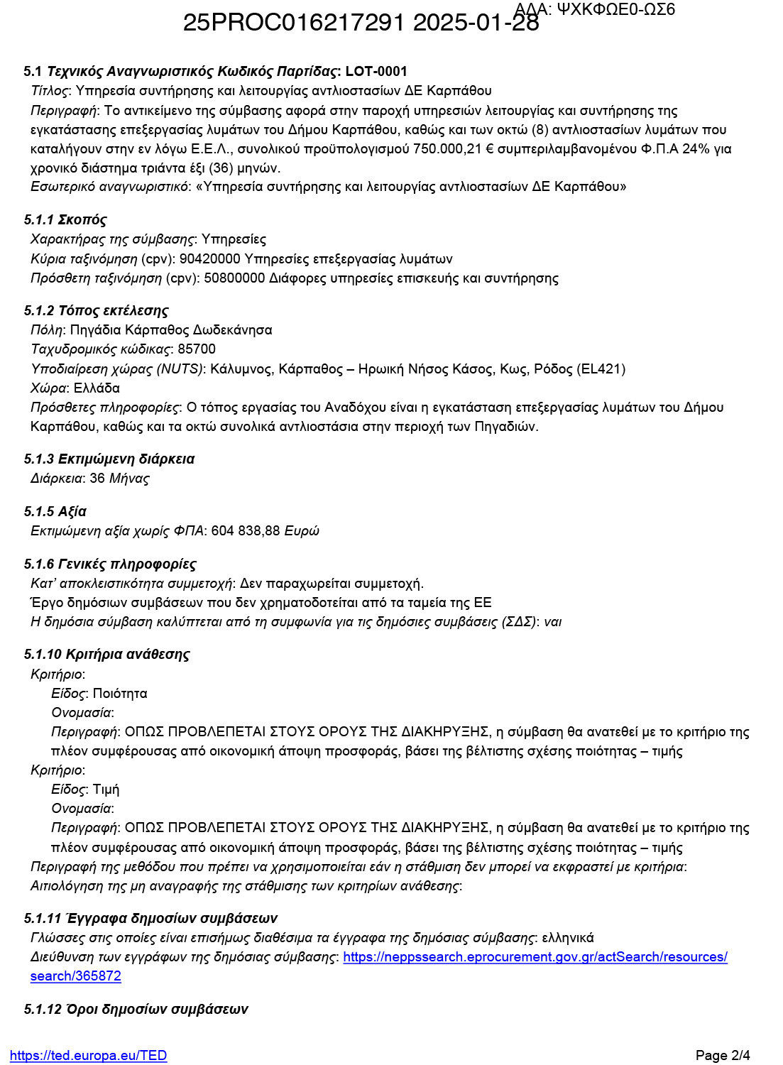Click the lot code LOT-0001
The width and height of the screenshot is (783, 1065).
click(376, 71)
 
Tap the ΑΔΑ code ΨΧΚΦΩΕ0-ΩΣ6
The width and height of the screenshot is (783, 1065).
click(616, 9)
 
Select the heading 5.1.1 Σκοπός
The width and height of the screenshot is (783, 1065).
click(65, 220)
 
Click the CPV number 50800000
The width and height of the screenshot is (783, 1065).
click(234, 278)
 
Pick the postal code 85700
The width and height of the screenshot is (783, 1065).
click(197, 349)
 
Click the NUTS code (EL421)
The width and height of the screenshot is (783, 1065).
click(602, 369)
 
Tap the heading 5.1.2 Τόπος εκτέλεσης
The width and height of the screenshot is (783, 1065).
click(96, 310)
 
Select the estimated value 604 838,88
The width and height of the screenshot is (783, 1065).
click(246, 531)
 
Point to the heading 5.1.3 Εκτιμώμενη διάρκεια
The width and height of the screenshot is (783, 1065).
click(109, 459)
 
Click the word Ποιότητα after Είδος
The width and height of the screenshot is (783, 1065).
click(120, 694)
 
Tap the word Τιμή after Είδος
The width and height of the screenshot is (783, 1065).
click(106, 790)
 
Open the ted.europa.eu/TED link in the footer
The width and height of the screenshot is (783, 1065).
click(89, 1056)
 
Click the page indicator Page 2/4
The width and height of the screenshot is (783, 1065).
click(723, 1056)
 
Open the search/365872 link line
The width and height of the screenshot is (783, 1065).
click(76, 976)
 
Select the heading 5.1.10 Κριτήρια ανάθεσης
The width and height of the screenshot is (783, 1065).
click(107, 655)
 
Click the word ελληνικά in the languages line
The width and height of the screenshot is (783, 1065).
click(568, 938)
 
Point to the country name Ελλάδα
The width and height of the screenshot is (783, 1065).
click(97, 388)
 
